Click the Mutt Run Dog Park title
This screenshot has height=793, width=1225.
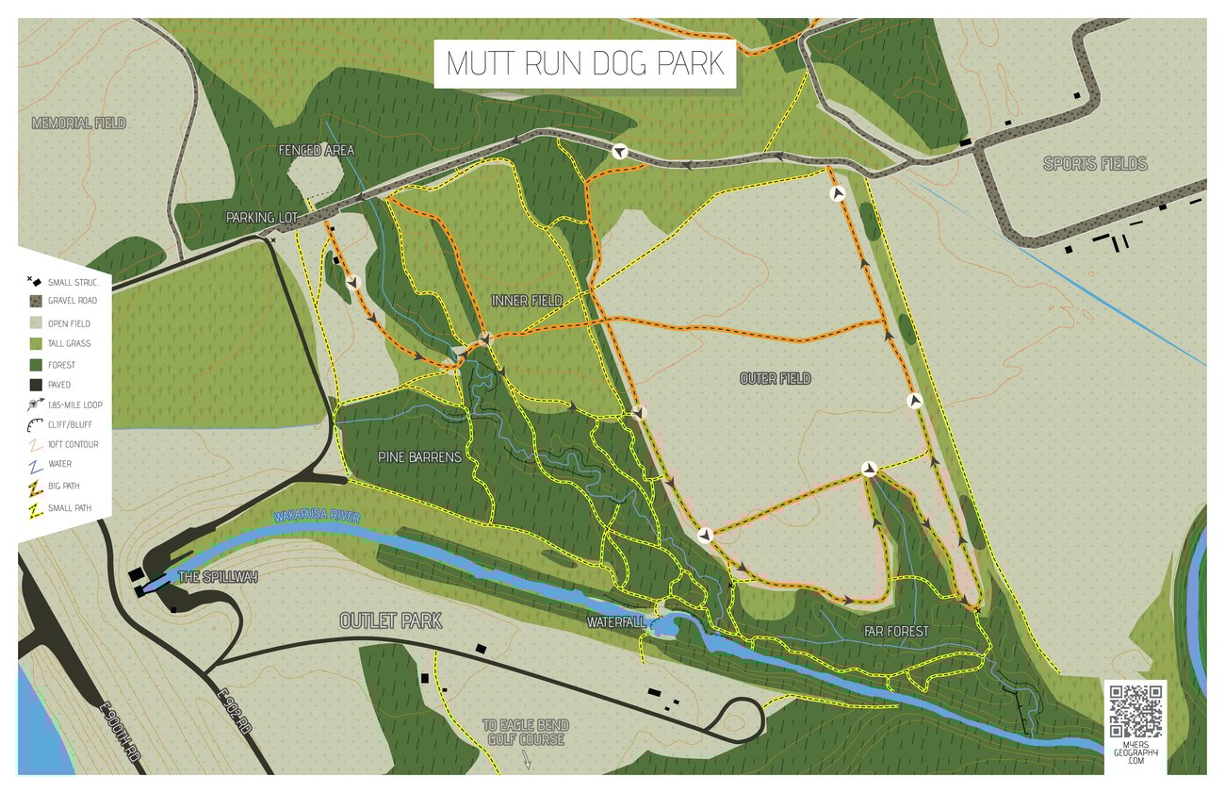(584, 63)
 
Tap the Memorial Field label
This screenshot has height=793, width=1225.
(78, 124)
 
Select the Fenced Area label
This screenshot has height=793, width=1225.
(317, 150)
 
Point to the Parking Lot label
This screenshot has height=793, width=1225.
(262, 218)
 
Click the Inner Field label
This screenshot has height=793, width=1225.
(527, 301)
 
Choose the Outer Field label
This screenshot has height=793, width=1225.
(775, 379)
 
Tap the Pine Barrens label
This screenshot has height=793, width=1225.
(419, 457)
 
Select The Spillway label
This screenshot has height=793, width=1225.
(217, 577)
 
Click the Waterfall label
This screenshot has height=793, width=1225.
(616, 622)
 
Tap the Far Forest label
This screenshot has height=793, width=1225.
(895, 631)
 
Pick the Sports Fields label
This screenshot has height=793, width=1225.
(1095, 164)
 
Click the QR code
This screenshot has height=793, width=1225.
(1135, 711)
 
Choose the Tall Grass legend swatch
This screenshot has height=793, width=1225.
(35, 343)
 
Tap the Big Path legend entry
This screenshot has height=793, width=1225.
(66, 486)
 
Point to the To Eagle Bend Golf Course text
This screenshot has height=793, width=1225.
(524, 733)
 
